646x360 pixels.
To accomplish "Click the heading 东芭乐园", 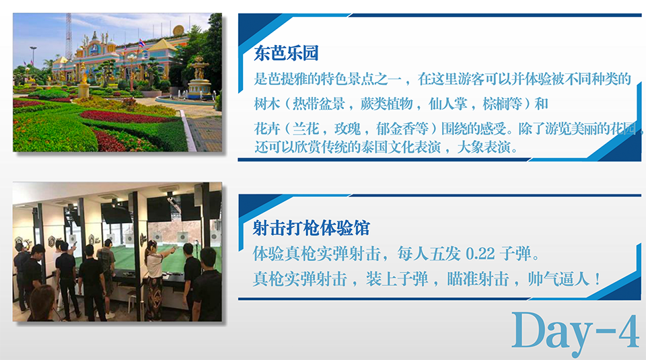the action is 287,54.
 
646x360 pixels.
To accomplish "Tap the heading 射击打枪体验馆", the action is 312,228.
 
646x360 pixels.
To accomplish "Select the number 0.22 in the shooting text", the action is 480,254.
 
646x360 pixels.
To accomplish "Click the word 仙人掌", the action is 448,104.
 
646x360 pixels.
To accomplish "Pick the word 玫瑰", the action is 347,129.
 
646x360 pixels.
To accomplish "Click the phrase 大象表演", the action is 484,147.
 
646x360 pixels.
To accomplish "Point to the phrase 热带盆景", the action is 318,104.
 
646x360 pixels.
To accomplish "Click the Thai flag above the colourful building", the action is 142,43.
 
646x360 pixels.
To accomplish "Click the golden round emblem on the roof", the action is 179,30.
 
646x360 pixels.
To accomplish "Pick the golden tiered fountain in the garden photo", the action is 199,78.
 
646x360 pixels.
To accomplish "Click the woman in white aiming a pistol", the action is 155,280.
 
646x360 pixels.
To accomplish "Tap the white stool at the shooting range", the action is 132,301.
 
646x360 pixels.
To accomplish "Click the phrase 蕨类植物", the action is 387,104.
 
